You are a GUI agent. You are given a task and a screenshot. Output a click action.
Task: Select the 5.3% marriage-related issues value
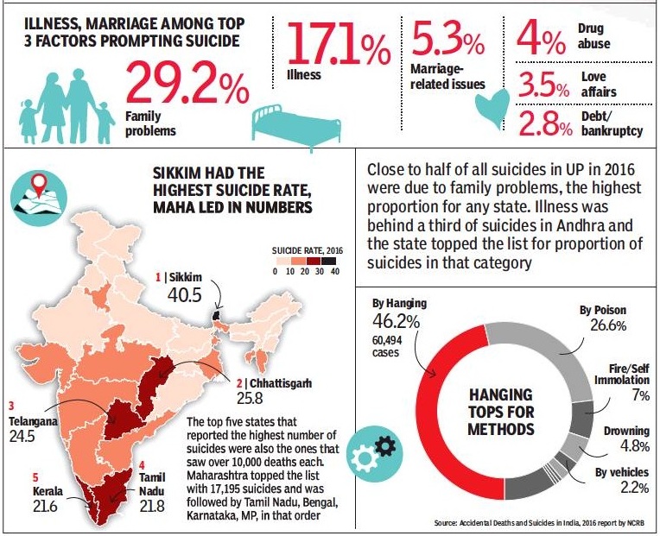[446, 40]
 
